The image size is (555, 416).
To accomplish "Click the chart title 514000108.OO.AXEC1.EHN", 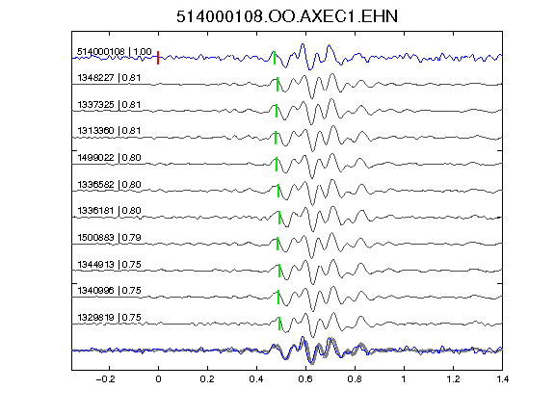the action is click(x=287, y=16).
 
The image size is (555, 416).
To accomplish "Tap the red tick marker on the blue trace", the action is click(x=158, y=58).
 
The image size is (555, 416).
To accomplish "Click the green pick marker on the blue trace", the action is click(x=275, y=58).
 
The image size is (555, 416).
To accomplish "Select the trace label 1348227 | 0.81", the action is click(x=109, y=78).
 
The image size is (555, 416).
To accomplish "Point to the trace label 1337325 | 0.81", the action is click(x=109, y=105).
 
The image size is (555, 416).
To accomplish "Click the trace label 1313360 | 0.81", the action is click(x=109, y=131).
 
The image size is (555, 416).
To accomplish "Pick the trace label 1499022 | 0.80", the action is click(x=109, y=158).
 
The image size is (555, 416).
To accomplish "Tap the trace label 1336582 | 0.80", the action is click(x=109, y=185).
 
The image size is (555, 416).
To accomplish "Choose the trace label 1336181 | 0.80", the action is click(x=109, y=211).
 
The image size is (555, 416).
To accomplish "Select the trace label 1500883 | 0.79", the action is click(x=109, y=238).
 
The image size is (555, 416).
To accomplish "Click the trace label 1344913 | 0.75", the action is click(x=109, y=265).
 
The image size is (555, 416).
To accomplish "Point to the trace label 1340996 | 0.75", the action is click(x=109, y=291).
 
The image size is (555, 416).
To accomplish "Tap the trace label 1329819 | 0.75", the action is click(x=109, y=318).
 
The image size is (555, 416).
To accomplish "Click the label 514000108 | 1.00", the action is click(x=115, y=52).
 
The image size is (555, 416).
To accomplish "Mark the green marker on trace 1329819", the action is click(x=279, y=324).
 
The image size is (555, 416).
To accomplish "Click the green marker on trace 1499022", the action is click(x=277, y=164).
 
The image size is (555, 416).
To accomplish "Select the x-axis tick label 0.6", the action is click(x=305, y=379).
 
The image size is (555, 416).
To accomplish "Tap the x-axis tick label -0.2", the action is click(x=105, y=379).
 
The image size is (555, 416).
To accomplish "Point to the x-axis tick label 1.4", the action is click(x=502, y=379).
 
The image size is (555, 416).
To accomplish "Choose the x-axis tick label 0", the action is click(x=158, y=379).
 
